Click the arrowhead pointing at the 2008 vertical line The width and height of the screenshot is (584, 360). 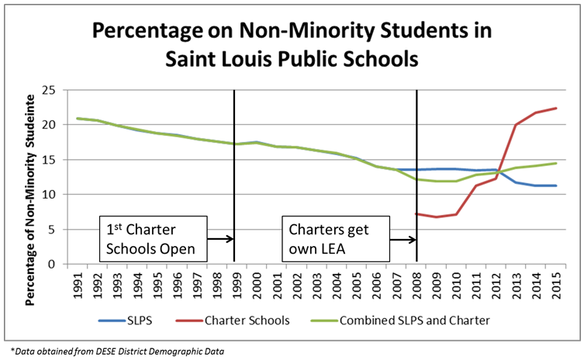pyautogui.click(x=413, y=239)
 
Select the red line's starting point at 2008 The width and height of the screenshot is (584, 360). pyautogui.click(x=417, y=213)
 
